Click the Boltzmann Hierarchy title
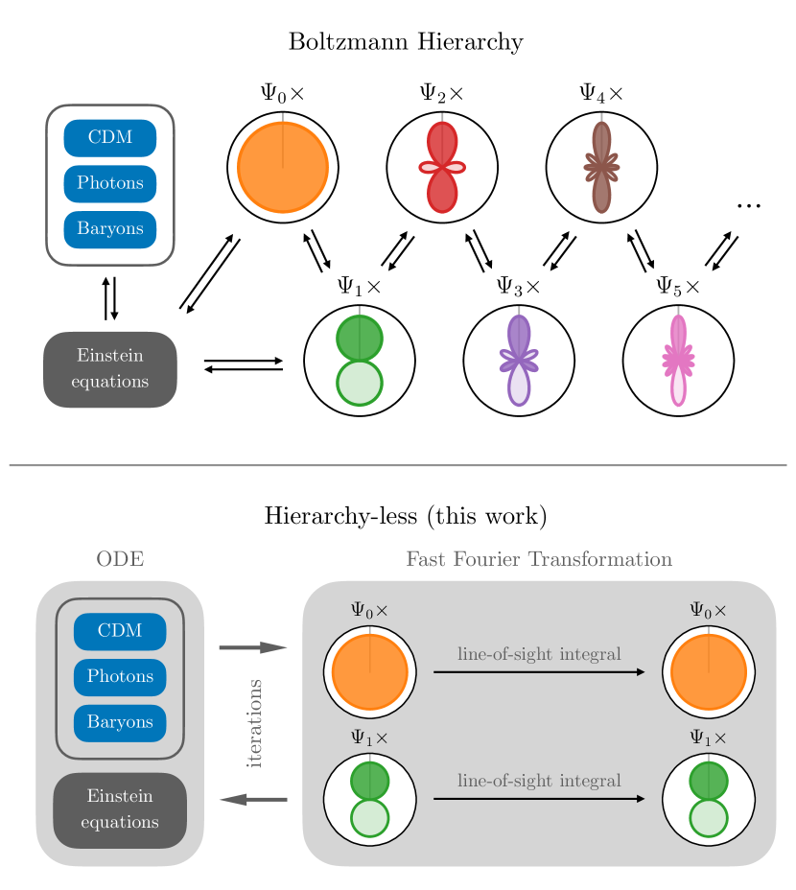tap(406, 42)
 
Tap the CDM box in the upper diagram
tap(110, 138)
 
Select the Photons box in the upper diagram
tap(110, 183)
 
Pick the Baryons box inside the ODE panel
tap(120, 723)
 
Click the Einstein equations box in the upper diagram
tap(110, 369)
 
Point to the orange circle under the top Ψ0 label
tap(283, 168)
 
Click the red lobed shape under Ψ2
tap(442, 168)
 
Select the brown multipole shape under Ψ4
tap(602, 168)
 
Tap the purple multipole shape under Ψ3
tap(519, 361)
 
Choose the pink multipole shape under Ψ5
tap(678, 361)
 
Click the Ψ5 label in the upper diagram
tap(678, 287)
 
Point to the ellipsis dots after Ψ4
tap(748, 206)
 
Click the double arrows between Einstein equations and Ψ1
tap(244, 365)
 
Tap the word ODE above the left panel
tap(120, 559)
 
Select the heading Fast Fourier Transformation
tap(539, 559)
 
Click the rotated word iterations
tap(254, 724)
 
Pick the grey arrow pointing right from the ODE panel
tap(253, 647)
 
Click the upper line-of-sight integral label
tap(539, 654)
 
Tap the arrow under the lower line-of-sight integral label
tap(539, 799)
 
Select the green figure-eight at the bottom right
tap(709, 799)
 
